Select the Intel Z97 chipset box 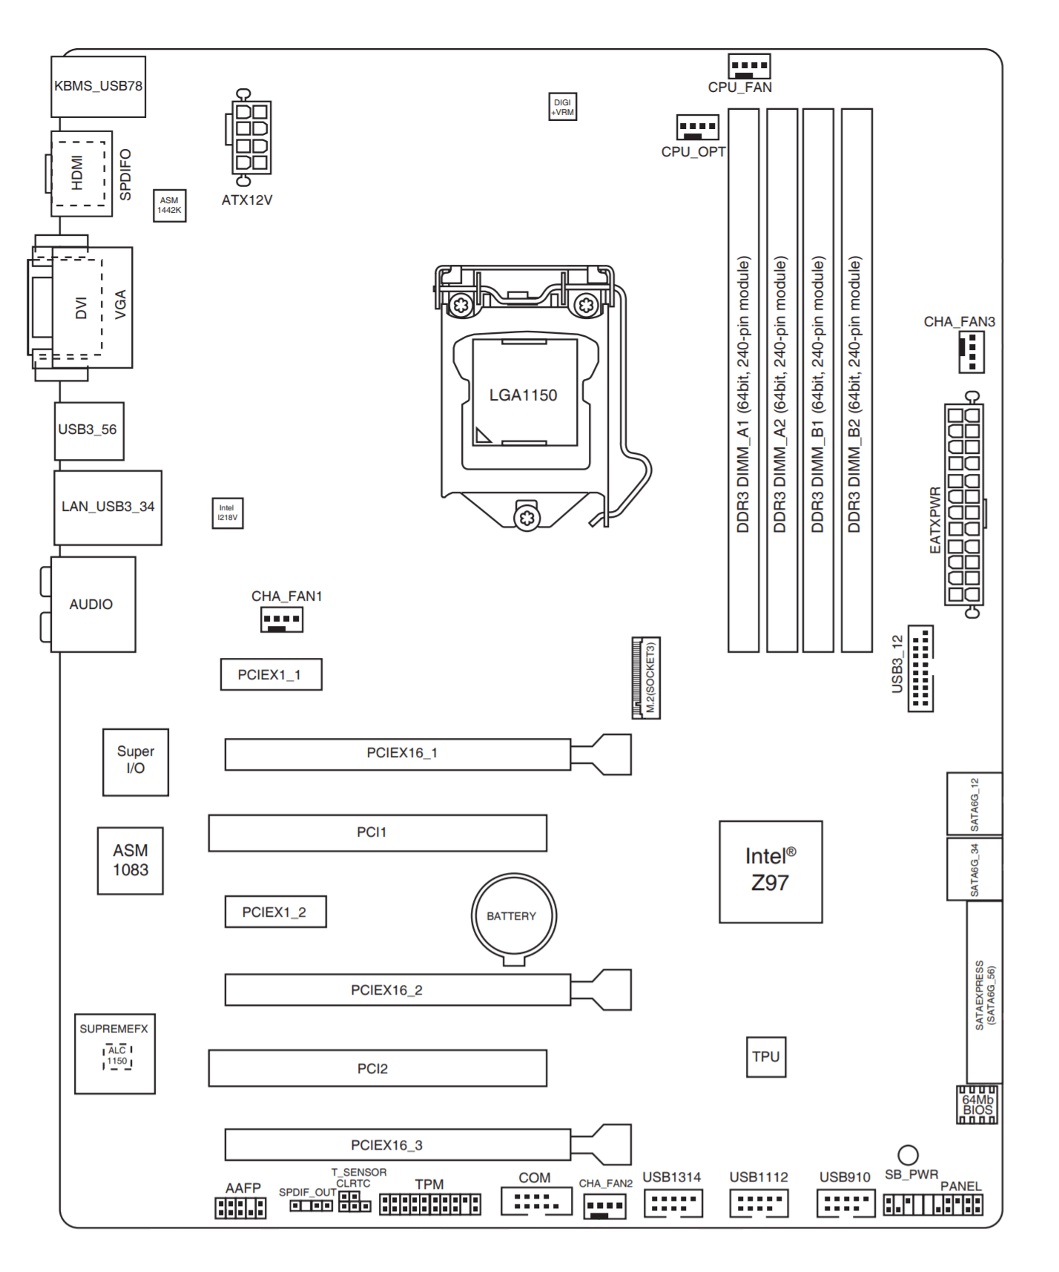click(771, 871)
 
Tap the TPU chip click(765, 1057)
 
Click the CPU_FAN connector click(749, 67)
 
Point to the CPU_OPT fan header click(697, 128)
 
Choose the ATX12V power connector click(251, 137)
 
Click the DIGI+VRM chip click(563, 107)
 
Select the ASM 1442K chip click(169, 205)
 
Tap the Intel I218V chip click(228, 513)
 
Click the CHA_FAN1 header click(282, 619)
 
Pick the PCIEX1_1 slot click(271, 674)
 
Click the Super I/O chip click(136, 762)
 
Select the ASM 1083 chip click(131, 860)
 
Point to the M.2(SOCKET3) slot click(645, 677)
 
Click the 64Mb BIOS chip click(977, 1104)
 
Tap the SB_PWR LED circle click(908, 1155)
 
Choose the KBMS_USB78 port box click(98, 86)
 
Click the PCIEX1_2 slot click(275, 912)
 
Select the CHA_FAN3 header click(971, 352)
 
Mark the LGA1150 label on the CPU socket click(523, 395)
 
